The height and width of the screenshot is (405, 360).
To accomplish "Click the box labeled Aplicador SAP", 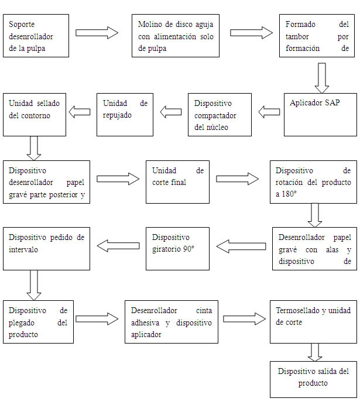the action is (x=320, y=115).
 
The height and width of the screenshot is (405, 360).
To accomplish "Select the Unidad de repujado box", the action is (x=125, y=115).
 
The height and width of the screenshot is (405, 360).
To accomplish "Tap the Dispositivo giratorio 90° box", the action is (x=177, y=249).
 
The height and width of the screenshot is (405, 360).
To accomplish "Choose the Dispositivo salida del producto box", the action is (x=313, y=379).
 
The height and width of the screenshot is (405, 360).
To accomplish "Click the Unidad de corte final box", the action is (x=177, y=182).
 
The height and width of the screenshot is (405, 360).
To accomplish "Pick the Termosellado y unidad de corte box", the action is (x=313, y=322).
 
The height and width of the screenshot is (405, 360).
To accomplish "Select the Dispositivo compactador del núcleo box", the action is (x=220, y=115).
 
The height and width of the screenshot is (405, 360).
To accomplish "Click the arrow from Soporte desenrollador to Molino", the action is (x=97, y=33).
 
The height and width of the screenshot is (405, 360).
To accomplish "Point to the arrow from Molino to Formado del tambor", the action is (x=252, y=33).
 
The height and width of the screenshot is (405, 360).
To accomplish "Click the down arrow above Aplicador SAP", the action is (x=322, y=78).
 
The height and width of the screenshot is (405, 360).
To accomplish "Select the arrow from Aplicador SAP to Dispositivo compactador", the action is (x=269, y=112).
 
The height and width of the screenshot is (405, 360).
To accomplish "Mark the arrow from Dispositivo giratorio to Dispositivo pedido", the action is (x=118, y=246).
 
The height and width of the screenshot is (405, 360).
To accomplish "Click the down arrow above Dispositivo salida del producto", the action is (x=315, y=352).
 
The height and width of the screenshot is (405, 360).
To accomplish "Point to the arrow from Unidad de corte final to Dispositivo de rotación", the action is (x=237, y=179).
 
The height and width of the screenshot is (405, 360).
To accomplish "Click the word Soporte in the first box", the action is (x=22, y=24).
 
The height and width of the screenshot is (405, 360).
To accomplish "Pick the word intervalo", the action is (x=23, y=249).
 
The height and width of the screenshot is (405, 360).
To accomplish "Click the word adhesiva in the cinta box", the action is (x=145, y=322).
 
